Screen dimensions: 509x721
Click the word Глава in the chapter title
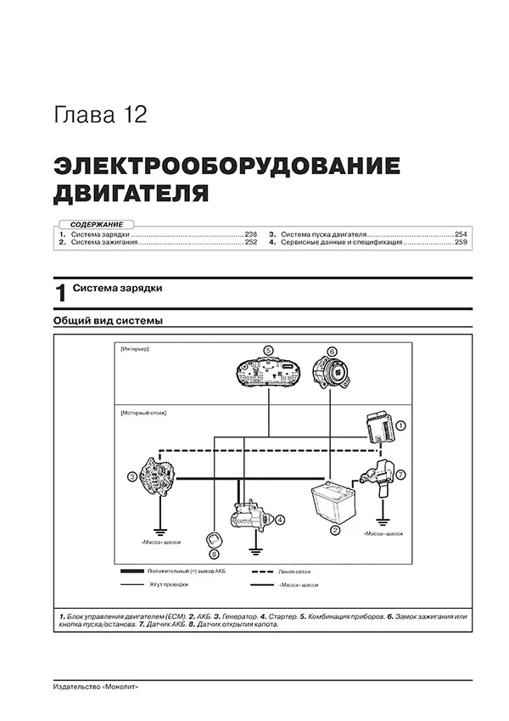click(x=81, y=115)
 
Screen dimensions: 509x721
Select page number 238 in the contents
click(x=250, y=233)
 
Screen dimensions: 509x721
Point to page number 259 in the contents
click(x=460, y=242)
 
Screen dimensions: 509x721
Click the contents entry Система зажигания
click(x=103, y=242)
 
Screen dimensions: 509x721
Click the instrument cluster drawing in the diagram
click(x=267, y=373)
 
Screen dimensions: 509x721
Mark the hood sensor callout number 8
click(x=213, y=552)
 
